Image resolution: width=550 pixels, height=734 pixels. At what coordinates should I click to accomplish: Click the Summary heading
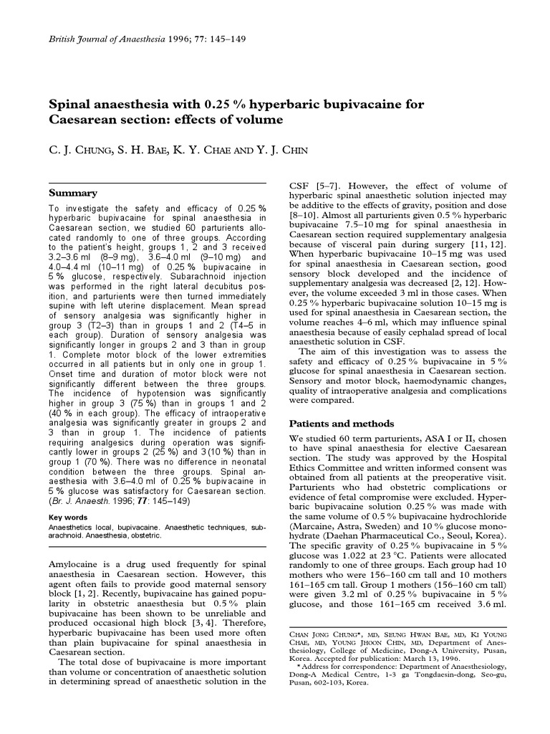pos(72,193)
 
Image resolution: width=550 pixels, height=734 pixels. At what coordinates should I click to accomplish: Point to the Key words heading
pos(68,518)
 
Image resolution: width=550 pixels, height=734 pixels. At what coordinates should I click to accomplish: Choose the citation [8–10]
pos(304,215)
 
